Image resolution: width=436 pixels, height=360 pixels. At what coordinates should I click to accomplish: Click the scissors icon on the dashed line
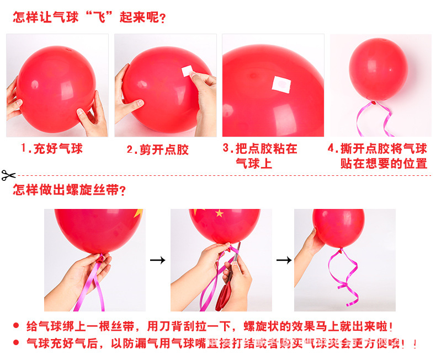point(8,176)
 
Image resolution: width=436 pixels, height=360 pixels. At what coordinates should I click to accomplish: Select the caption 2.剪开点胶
point(158,150)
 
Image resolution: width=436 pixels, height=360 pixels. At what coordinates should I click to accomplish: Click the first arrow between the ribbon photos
point(158,260)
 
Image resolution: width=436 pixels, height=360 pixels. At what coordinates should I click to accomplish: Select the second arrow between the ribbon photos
point(284,260)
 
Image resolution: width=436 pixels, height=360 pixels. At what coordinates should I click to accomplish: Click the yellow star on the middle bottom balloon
point(219,213)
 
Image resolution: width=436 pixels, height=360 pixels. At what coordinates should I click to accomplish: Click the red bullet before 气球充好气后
point(16,343)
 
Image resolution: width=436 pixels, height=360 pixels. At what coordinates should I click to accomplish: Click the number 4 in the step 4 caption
point(331,149)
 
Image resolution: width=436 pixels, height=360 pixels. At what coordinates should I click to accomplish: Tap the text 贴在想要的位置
point(384,164)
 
